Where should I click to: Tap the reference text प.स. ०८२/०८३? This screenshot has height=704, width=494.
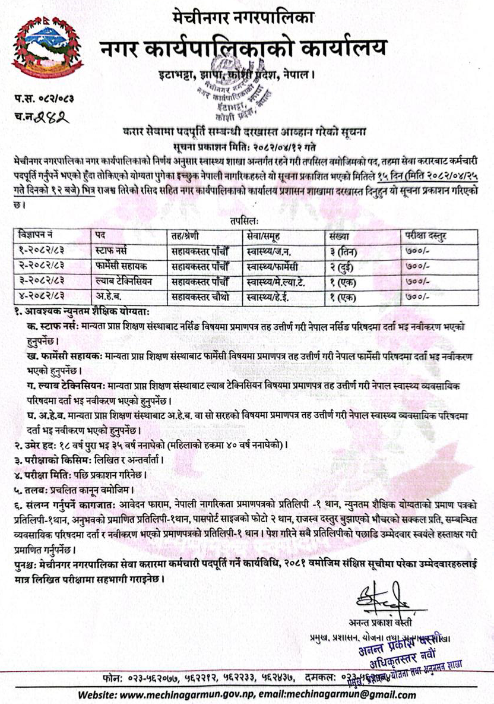coord(40,96)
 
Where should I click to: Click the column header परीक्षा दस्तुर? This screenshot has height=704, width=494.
coord(425,235)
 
